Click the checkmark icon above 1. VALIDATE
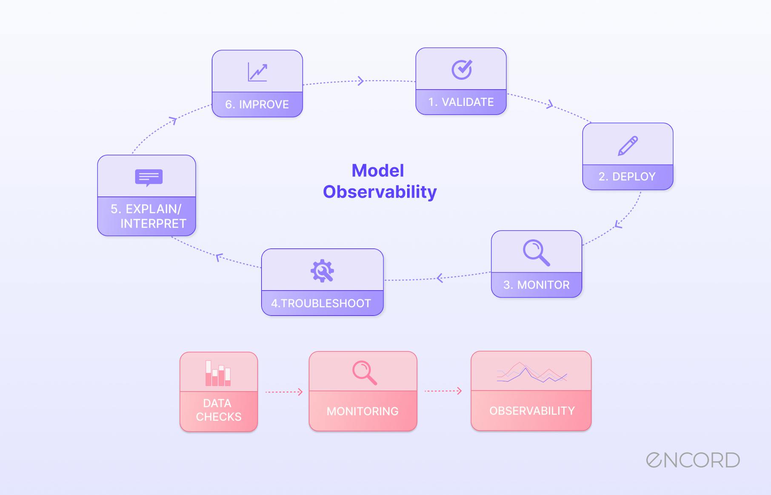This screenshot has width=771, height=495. coord(462,69)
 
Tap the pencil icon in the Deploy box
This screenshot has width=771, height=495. coord(628,146)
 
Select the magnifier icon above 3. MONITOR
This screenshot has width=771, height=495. coord(536,253)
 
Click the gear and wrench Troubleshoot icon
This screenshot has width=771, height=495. coord(322,271)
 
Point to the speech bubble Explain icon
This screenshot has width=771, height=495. coord(148,177)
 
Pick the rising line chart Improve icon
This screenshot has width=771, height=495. coord(257,72)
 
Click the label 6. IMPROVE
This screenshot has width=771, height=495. coord(257,104)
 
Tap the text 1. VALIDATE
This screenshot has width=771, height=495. coord(461,102)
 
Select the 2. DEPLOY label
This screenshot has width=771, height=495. coord(627,177)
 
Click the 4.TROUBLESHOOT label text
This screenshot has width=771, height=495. coord(321,303)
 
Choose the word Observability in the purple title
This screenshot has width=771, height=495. coord(380,192)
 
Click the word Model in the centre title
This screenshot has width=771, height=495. coord(377,171)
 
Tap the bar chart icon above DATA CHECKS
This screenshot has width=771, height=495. coord(218,373)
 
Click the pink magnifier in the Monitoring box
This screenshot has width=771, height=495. coord(364,373)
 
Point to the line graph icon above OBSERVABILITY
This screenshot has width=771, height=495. coord(531,373)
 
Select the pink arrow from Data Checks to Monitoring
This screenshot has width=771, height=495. coord(284,392)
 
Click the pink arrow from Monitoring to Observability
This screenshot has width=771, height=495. coord(443,391)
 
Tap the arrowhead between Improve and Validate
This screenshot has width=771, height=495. coord(361,80)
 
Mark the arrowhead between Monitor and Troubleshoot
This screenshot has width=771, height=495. coord(440,278)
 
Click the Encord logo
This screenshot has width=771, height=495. coord(693,460)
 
